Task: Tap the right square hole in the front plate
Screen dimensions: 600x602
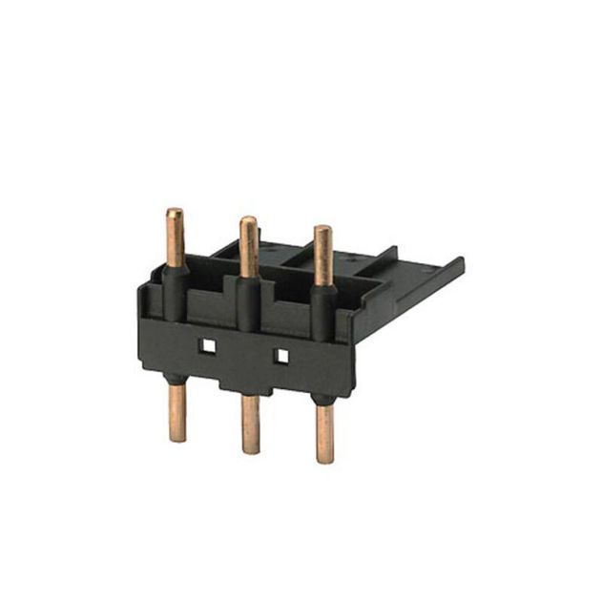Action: coord(281,355)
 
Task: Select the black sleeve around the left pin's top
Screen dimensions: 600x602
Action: coord(175,286)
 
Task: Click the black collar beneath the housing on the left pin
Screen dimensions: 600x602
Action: coord(177,379)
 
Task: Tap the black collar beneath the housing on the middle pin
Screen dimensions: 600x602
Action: coord(250,391)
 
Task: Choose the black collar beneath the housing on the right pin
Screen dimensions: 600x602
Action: coord(324,400)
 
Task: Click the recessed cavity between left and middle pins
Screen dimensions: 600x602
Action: coord(212,303)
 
